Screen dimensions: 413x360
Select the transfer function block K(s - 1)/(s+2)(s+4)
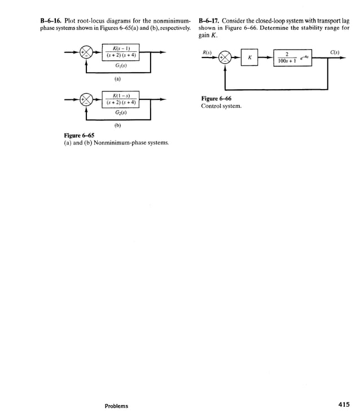120,53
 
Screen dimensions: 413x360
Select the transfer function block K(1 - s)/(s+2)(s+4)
120,99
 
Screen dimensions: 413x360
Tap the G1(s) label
120,65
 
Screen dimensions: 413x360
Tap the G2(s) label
120,112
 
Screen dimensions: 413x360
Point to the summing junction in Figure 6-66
225,57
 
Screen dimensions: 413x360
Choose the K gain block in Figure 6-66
249,57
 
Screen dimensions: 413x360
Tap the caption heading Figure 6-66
216,98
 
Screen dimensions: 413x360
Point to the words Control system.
221,106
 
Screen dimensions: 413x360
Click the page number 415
344,404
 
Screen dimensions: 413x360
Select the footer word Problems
116,406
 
